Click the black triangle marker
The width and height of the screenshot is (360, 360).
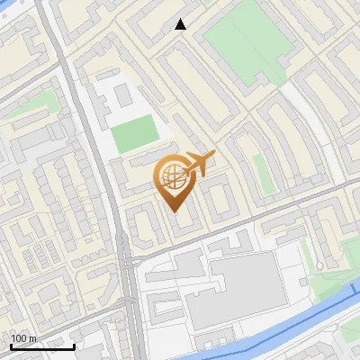(181, 24)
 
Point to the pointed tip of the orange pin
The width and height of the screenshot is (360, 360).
(173, 211)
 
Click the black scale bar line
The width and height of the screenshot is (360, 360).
(41, 346)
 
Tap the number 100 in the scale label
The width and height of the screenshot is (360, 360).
(21, 338)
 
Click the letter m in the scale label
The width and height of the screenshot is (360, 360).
(33, 338)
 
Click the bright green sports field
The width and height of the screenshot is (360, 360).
(135, 134)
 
